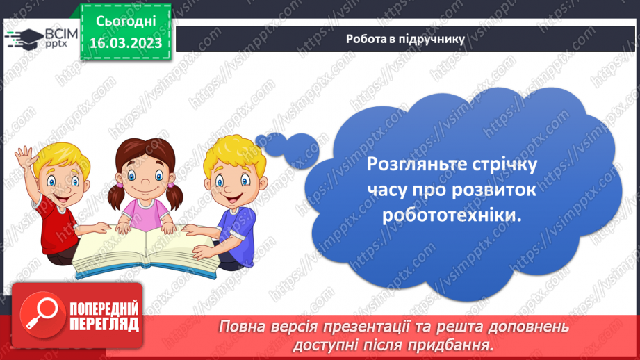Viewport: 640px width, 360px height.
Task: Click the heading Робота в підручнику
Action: (x=405, y=39)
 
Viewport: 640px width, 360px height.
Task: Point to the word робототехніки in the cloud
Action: (x=450, y=215)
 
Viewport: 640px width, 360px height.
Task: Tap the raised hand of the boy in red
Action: (x=26, y=156)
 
